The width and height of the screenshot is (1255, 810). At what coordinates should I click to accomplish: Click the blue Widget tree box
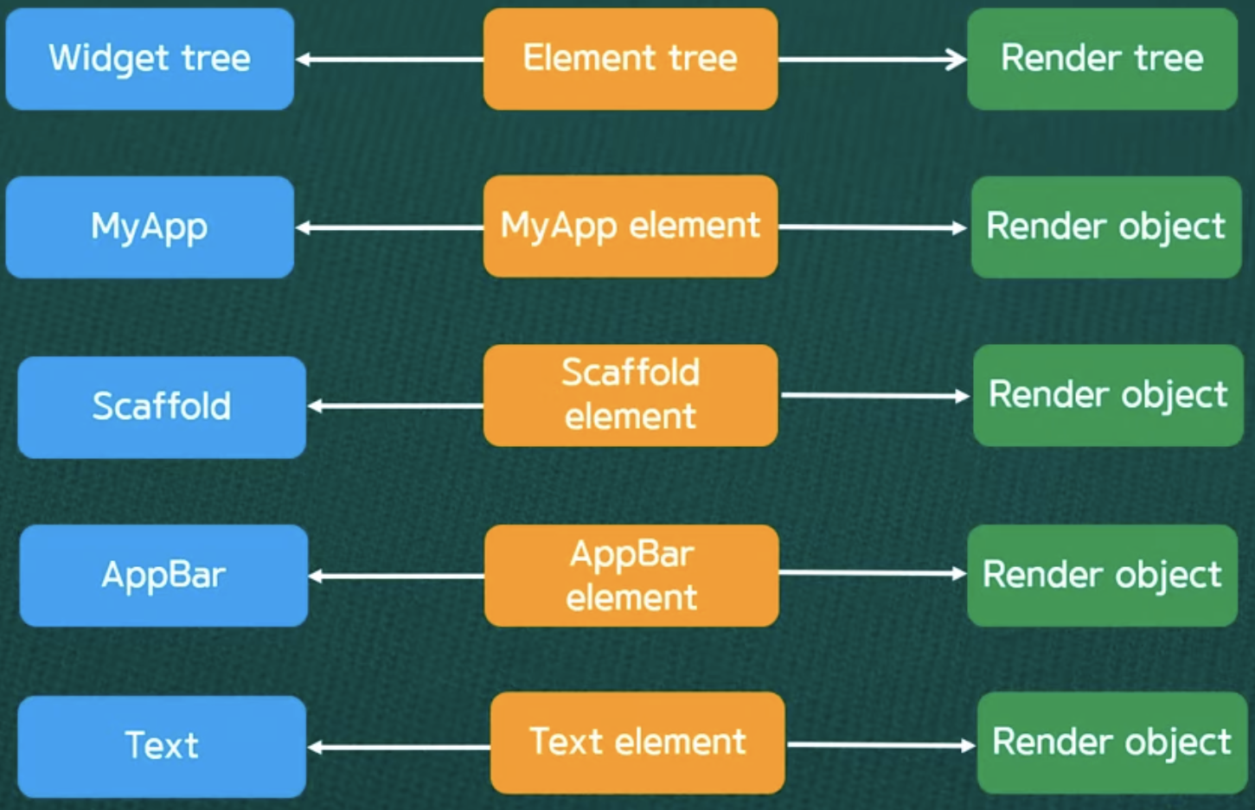[150, 59]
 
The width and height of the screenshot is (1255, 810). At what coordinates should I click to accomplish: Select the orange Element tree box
[630, 59]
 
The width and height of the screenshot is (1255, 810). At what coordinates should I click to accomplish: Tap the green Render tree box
[1102, 59]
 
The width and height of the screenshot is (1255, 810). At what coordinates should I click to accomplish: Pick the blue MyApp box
[150, 227]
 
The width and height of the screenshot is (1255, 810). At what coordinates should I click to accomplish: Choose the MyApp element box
[630, 226]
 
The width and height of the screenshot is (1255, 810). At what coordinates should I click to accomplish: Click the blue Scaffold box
[162, 406]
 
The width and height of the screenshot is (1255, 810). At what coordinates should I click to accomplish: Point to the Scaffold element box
[630, 395]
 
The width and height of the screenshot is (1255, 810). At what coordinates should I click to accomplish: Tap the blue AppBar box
[163, 575]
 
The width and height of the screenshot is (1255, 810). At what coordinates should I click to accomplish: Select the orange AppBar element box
[631, 575]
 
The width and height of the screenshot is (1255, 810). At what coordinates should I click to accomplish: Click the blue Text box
[162, 746]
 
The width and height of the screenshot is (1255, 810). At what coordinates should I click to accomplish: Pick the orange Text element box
[637, 743]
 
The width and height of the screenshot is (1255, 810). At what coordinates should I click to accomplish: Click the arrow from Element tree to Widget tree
[389, 60]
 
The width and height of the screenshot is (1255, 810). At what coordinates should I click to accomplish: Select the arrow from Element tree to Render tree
[872, 60]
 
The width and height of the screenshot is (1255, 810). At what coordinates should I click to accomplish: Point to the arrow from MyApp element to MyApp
[389, 228]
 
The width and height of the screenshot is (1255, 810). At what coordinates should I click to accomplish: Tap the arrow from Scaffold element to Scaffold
[395, 405]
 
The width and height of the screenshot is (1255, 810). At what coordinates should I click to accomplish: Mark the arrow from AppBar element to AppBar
[396, 576]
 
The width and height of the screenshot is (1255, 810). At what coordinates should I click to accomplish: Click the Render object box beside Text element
[1111, 743]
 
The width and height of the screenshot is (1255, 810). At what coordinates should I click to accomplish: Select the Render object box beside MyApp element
[1106, 226]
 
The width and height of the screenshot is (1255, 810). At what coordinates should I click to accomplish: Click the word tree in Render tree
[1169, 59]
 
